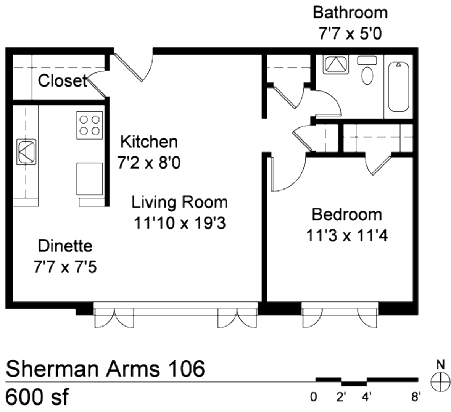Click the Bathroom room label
coord(350,13)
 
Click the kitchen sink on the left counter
coord(27,152)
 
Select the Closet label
coord(63,80)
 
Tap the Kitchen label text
coord(149,142)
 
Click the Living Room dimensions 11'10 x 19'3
coord(180,222)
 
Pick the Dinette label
coord(65,246)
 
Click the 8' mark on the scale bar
coord(414,397)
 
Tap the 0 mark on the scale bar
coord(313,397)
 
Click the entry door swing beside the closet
coord(134,67)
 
